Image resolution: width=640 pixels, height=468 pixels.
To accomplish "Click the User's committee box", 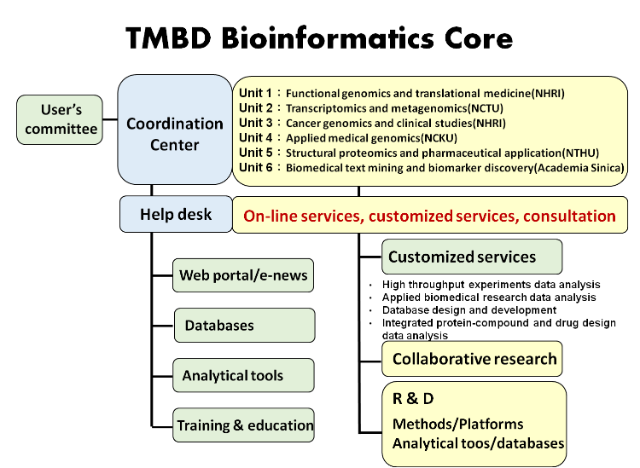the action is (x=60, y=119).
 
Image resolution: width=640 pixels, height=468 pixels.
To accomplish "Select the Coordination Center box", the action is (x=175, y=130).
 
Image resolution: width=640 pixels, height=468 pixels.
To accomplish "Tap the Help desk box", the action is (x=176, y=214).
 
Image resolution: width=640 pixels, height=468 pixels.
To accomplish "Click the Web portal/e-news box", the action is (x=243, y=275).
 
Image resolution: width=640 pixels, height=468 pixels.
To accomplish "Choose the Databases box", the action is (x=245, y=326).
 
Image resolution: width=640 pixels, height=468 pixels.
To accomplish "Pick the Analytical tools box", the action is (x=244, y=375).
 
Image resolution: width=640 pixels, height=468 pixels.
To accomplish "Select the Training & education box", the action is (x=244, y=425).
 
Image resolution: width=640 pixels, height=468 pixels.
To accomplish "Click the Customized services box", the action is (x=472, y=257).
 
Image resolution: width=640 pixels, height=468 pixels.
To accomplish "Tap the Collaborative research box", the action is (x=472, y=359).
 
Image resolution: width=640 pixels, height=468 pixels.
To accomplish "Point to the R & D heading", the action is (x=413, y=398).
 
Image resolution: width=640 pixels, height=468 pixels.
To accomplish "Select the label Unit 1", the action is (x=255, y=93).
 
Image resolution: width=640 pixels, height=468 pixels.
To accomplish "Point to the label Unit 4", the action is (x=255, y=138).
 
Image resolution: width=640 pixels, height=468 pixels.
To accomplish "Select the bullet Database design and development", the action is (x=469, y=310).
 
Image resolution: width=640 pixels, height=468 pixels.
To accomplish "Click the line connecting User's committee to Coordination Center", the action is (x=110, y=119).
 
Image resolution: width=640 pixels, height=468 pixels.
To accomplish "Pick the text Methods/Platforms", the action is (x=457, y=424).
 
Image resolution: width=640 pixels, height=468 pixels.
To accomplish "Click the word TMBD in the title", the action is (x=168, y=38).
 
